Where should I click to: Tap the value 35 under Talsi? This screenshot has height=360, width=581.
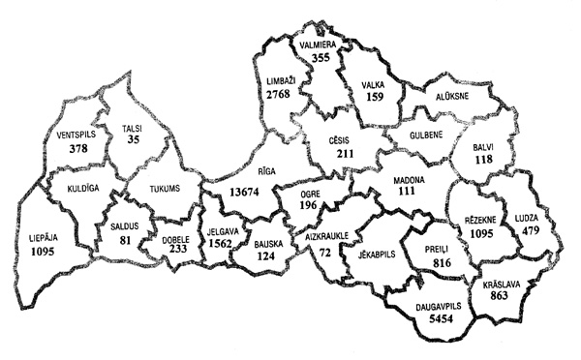tap(135, 140)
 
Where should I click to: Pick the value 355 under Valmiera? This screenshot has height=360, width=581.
tap(321, 58)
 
